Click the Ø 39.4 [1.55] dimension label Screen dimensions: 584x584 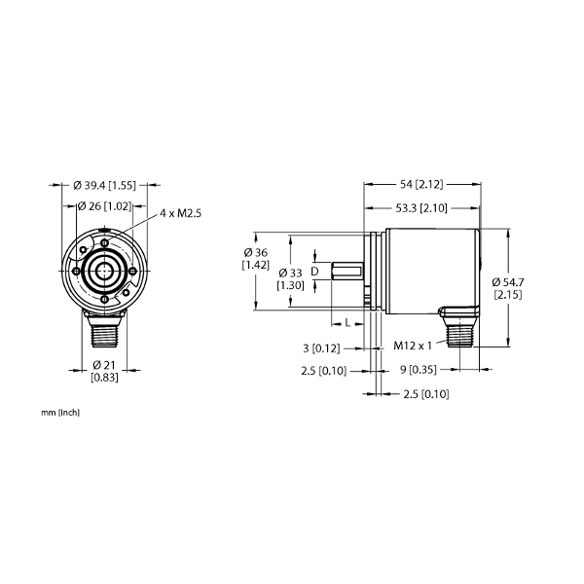(105, 185)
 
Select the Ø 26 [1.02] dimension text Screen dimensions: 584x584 (104, 206)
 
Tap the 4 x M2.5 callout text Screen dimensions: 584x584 (181, 213)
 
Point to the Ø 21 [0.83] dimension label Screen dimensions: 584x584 (104, 371)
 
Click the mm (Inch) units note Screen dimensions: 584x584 (60, 413)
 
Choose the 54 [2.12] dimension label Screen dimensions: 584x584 (421, 184)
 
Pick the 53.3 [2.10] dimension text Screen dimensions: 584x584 (421, 208)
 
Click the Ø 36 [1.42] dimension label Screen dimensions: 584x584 (255, 259)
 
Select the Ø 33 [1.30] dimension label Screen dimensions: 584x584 (290, 279)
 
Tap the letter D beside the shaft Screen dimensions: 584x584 (314, 272)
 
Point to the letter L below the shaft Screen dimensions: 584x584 (347, 322)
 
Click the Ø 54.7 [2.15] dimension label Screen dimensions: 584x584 (508, 288)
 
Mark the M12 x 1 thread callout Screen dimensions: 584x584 (413, 346)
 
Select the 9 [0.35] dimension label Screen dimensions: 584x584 (419, 370)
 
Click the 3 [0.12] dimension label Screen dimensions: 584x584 (321, 348)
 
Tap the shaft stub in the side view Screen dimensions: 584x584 (347, 271)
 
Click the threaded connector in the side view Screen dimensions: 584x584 (460, 331)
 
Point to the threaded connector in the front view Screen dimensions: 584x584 (105, 331)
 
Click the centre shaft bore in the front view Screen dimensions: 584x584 (104, 271)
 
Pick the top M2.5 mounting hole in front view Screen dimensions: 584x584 (105, 242)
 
